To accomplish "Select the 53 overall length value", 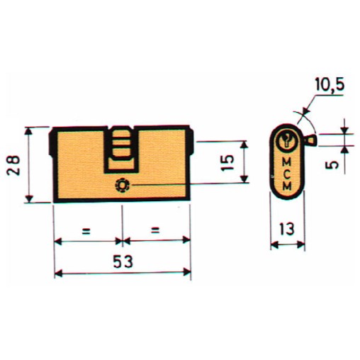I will pyautogui.click(x=122, y=261).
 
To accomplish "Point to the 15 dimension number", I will pyautogui.click(x=227, y=162).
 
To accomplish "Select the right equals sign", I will pyautogui.click(x=155, y=230).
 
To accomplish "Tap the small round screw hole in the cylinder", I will pyautogui.click(x=123, y=184).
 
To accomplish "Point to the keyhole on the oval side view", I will pyautogui.click(x=287, y=140).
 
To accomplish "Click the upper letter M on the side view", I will pyautogui.click(x=287, y=160).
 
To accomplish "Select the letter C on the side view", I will pyautogui.click(x=287, y=172).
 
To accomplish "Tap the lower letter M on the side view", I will pyautogui.click(x=287, y=184).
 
